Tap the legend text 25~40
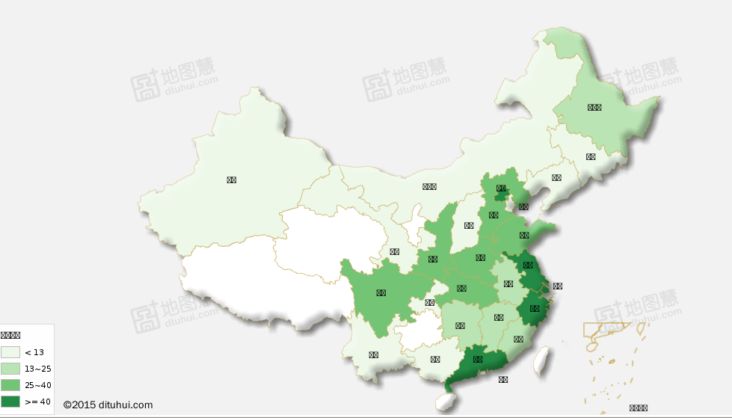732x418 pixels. (x=37, y=385)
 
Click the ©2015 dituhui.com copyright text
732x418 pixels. (x=108, y=405)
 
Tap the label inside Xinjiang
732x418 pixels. (x=232, y=179)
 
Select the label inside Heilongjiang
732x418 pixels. (x=594, y=107)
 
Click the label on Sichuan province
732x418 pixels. (x=381, y=293)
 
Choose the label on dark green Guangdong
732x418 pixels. (x=479, y=360)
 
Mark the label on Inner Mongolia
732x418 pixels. (x=429, y=187)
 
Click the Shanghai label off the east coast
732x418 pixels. (x=557, y=286)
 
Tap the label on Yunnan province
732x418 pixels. (x=373, y=355)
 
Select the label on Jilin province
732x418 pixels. (x=591, y=157)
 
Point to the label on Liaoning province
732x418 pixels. (x=556, y=178)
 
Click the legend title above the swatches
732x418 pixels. (x=10, y=336)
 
